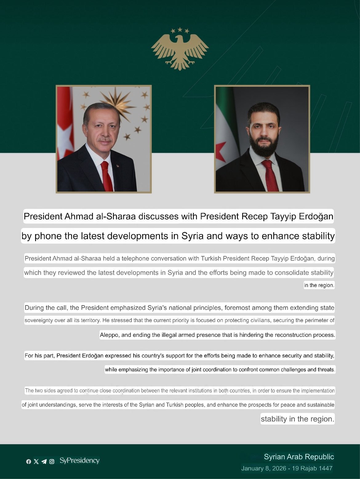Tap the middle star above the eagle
point(180,30)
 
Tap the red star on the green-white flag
point(220,152)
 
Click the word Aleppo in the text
point(109,335)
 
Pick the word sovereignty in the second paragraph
point(38,320)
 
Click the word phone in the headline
point(48,236)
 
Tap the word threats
point(326,369)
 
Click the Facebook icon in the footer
point(29,461)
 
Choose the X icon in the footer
point(36,461)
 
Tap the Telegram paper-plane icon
point(44,461)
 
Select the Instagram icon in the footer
point(52,461)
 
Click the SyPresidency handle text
point(79,461)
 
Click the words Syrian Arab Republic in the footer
point(299,457)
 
